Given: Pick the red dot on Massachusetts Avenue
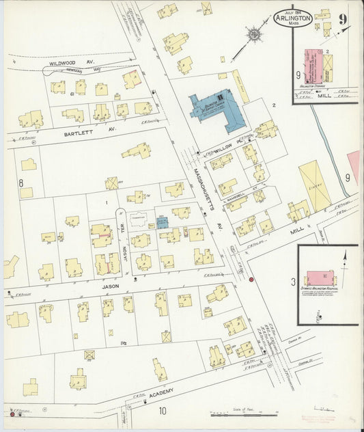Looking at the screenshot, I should click(x=251, y=280).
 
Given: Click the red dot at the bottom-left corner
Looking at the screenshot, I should click(x=12, y=413).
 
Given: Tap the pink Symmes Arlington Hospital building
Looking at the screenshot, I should click(x=320, y=278).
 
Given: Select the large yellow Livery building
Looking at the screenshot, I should click(x=315, y=185).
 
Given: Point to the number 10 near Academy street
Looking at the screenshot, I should click(x=163, y=411).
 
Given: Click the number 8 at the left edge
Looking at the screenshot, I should click(x=21, y=183).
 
